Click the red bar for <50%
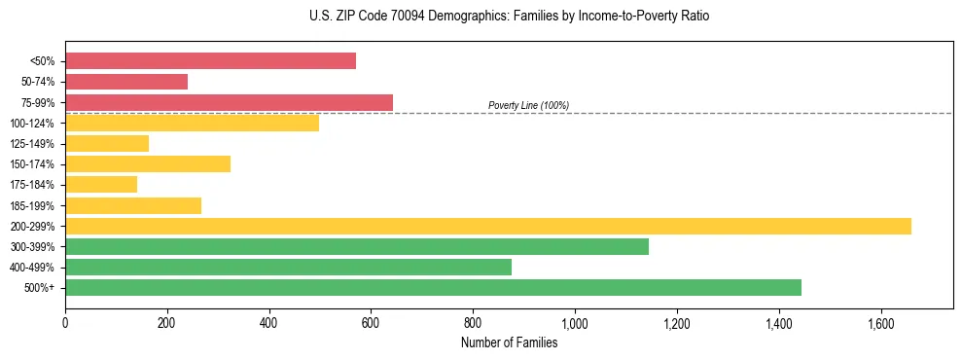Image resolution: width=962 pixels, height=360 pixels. (x=210, y=60)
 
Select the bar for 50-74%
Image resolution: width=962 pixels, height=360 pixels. (x=126, y=82)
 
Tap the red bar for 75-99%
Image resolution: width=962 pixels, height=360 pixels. (x=229, y=102)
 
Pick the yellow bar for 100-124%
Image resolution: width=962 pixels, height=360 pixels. (x=192, y=123)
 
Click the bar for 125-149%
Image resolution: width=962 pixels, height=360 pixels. (x=107, y=144)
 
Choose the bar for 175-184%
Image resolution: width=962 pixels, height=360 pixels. (x=101, y=185)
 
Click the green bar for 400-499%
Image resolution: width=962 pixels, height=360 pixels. (x=288, y=267)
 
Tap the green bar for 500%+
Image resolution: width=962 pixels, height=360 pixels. (x=433, y=287)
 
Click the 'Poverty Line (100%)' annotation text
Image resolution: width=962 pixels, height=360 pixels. (x=528, y=105)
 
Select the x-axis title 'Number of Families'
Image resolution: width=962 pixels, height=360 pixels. (x=510, y=342)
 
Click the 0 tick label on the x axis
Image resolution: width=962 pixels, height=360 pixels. (x=65, y=322)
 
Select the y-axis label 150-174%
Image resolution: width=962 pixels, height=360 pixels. (x=36, y=164)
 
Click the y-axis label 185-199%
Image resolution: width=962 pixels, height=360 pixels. (x=36, y=205)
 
